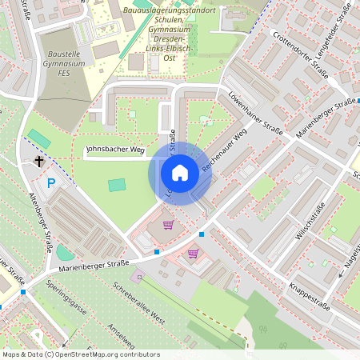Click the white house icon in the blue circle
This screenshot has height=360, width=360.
180,173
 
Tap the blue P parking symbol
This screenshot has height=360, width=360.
51,183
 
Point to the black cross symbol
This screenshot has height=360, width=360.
38,162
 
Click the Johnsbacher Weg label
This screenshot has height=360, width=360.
114,149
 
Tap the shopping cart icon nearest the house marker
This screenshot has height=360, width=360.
168,225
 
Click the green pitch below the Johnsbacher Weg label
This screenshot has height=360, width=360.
117,185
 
